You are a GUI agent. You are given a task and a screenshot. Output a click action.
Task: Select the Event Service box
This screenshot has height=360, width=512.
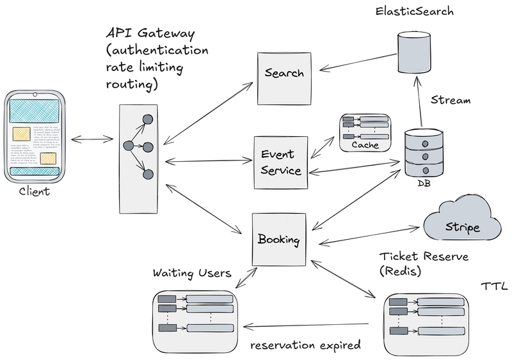278,162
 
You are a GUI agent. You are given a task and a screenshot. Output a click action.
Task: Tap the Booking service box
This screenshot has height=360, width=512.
278,239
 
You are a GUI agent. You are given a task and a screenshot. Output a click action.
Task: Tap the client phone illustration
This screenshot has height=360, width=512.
35,137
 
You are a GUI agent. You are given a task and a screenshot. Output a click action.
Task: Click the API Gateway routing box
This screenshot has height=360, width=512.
139,147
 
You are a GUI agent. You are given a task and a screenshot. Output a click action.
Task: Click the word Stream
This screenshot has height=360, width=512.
451,100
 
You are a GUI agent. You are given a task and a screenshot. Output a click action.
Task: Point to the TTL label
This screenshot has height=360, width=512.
492,283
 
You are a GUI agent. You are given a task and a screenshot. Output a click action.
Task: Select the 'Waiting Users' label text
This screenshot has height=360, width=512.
191,273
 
